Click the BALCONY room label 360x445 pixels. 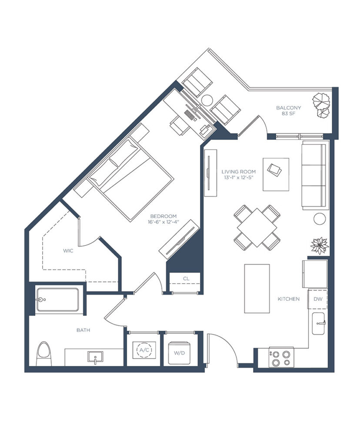(288, 108)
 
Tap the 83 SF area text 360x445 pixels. (288, 113)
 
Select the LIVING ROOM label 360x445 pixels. (239, 172)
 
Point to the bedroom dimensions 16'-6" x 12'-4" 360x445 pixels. (163, 222)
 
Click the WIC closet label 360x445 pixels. (68, 251)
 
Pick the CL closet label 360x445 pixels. (186, 279)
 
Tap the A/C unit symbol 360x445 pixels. (144, 350)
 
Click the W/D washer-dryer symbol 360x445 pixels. (179, 353)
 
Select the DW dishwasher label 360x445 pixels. (318, 299)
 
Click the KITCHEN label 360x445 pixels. (288, 299)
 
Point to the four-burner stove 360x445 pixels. (281, 357)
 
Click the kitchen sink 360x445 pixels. (318, 323)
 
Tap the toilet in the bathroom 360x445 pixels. (44, 354)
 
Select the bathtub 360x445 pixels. (58, 300)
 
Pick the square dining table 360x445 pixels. (257, 228)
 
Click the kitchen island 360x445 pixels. (257, 289)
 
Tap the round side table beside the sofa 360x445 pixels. (320, 219)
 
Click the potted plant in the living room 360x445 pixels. (320, 246)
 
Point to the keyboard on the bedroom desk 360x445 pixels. (190, 115)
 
